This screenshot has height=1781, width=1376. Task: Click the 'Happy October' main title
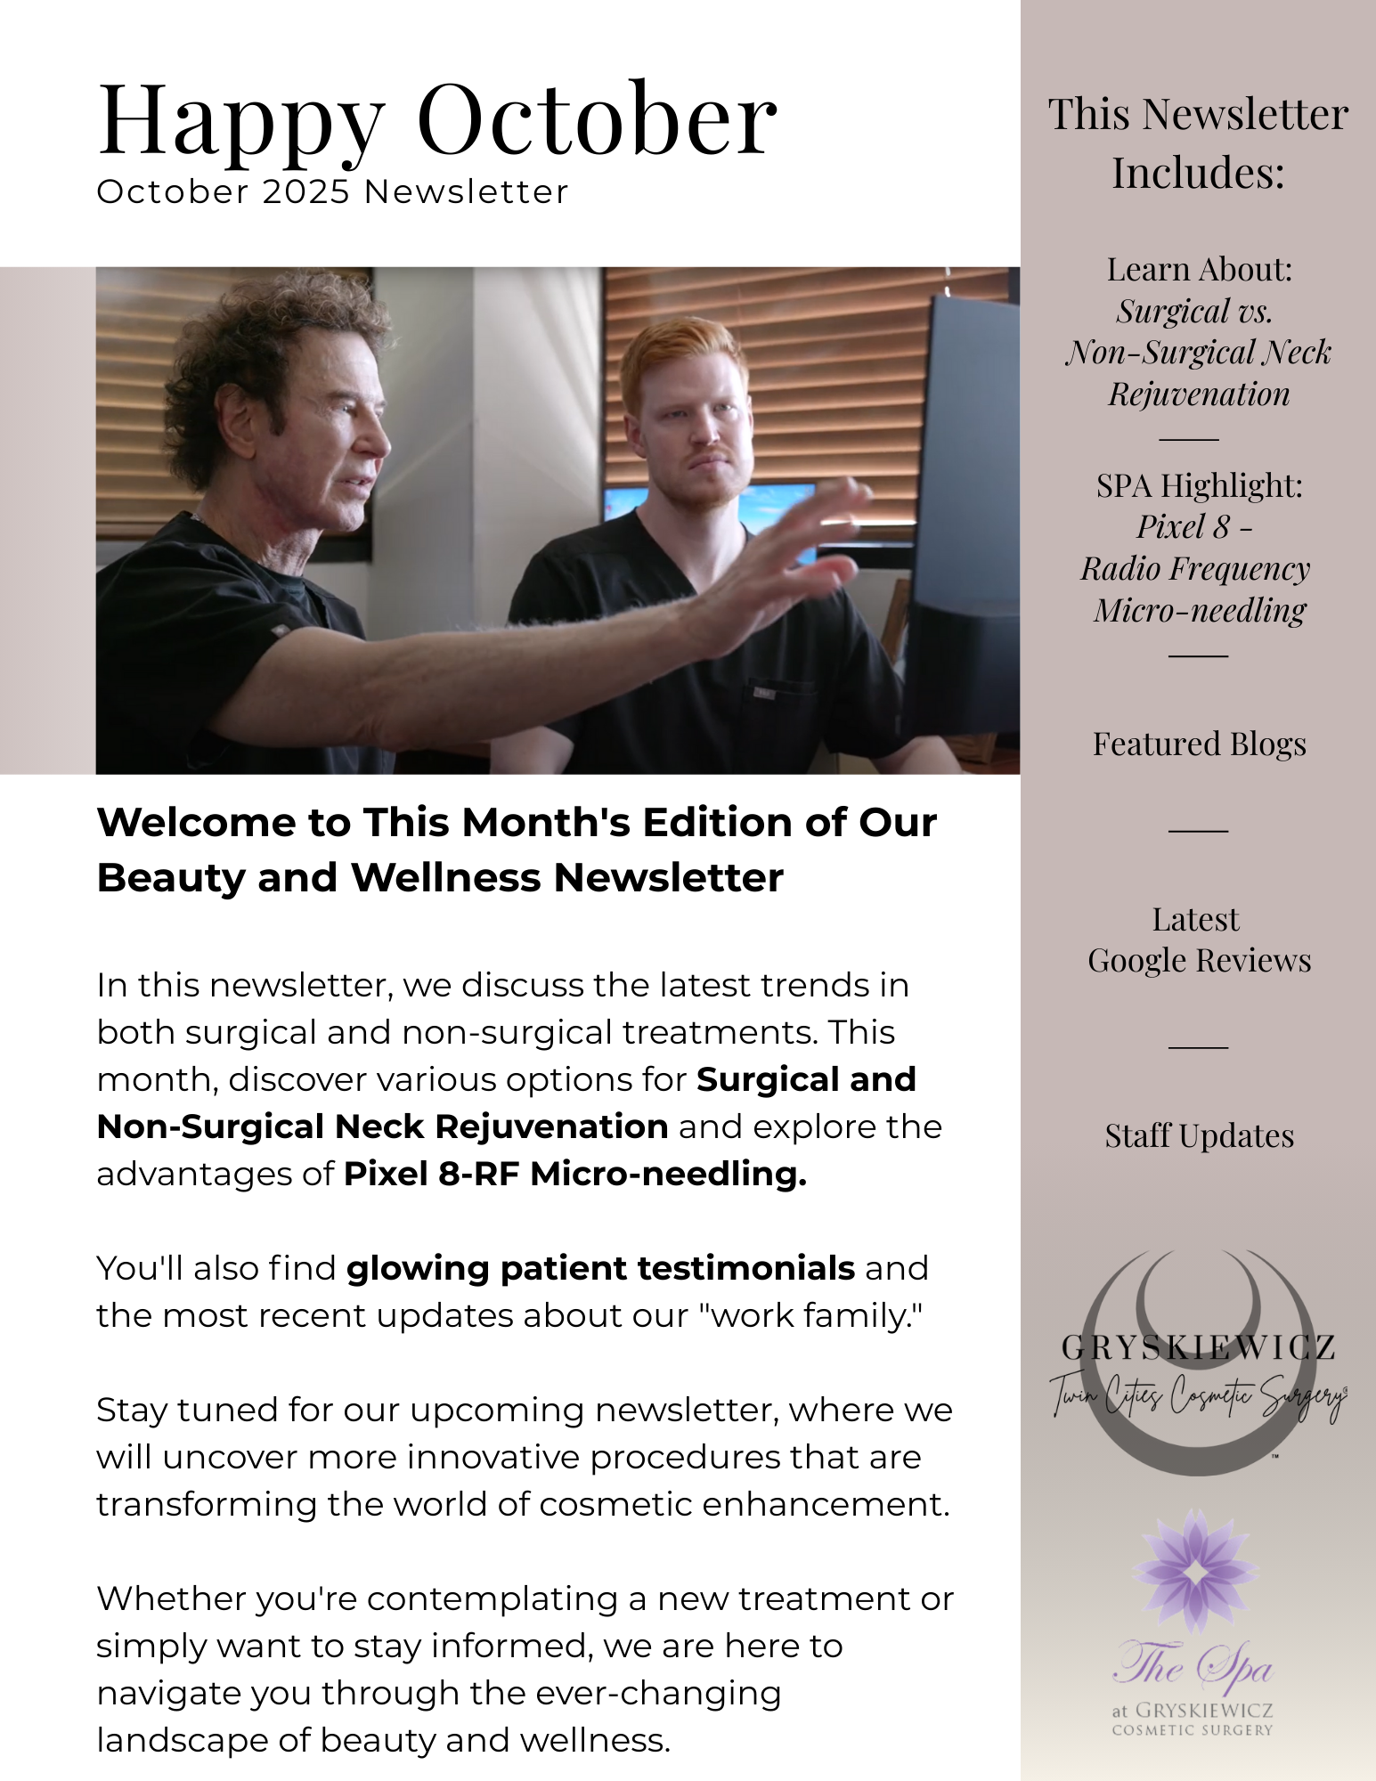click(x=436, y=120)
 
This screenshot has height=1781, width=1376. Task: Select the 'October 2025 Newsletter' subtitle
click(x=332, y=192)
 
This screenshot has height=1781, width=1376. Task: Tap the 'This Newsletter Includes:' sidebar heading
click(x=1198, y=142)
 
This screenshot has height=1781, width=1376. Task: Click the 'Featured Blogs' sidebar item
click(x=1199, y=744)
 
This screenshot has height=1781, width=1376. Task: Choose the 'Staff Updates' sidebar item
click(x=1199, y=1136)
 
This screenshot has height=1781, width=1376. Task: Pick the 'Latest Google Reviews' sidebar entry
click(x=1199, y=940)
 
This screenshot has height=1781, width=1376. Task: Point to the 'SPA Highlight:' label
click(x=1199, y=486)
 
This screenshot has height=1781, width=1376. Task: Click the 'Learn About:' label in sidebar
click(x=1199, y=270)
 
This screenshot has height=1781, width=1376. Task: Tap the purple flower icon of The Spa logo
click(x=1198, y=1572)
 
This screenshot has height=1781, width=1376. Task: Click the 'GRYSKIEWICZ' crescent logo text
click(x=1198, y=1348)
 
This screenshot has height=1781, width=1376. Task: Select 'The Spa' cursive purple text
click(x=1193, y=1665)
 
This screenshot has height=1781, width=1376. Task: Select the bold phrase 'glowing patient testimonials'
click(x=600, y=1268)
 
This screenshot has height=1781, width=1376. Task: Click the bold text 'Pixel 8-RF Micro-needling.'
click(x=575, y=1174)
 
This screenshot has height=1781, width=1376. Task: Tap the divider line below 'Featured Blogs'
click(x=1198, y=830)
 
